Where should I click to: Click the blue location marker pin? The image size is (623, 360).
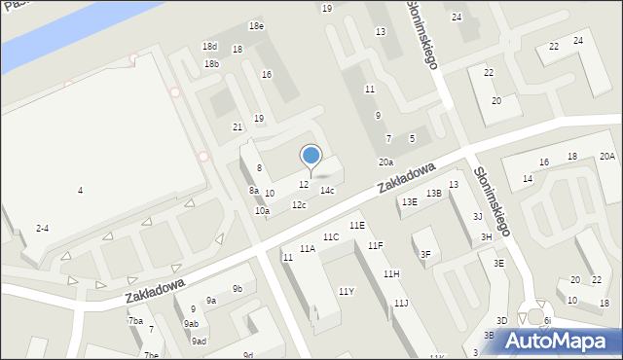pos(311,156)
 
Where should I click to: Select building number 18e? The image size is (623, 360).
pos(256,26)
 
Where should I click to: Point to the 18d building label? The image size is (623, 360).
pos(209,47)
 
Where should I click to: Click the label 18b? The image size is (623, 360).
pos(211,64)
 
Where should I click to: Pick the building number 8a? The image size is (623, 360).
pos(253,191)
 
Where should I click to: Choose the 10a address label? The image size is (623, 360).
pos(262,210)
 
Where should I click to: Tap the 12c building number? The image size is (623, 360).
pos(299,204)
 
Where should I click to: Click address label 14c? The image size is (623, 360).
pos(327,191)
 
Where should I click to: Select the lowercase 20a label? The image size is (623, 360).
pos(386,162)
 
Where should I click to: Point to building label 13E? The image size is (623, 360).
pos(410,201)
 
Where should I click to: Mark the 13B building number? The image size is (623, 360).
pos(433,193)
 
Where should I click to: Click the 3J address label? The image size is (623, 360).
pos(477,216)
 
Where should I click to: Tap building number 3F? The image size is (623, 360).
pos(425,254)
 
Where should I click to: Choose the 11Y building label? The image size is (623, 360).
pos(346,291)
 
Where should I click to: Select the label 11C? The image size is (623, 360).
pos(331,236)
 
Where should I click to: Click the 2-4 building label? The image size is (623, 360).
pos(42,228)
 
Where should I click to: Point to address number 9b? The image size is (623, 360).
pos(237,288)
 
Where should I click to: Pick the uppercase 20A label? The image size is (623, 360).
pos(606,157)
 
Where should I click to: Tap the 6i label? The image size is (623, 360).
pos(547,320)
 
